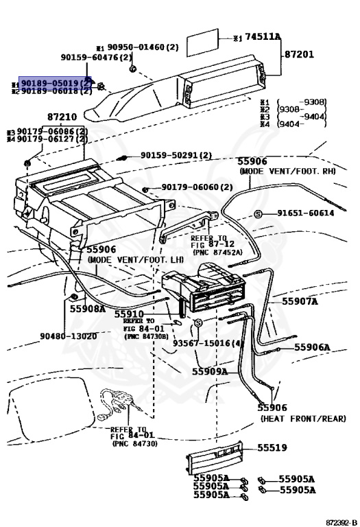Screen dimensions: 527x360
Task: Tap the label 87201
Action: click(299, 54)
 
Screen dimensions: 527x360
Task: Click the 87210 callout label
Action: click(63, 118)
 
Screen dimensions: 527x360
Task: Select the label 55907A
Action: click(300, 301)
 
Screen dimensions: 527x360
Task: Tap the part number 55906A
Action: click(312, 347)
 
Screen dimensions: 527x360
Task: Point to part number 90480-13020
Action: click(69, 336)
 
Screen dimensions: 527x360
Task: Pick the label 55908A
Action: click(88, 309)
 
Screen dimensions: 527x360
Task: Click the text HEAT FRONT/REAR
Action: click(292, 418)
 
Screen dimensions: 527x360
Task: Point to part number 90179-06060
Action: click(197, 187)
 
